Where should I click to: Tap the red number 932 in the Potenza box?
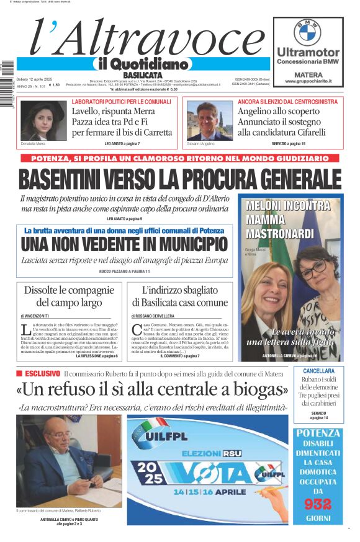tap(318, 503)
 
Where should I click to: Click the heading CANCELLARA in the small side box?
tap(318, 371)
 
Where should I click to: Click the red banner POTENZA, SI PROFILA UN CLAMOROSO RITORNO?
tap(179, 159)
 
